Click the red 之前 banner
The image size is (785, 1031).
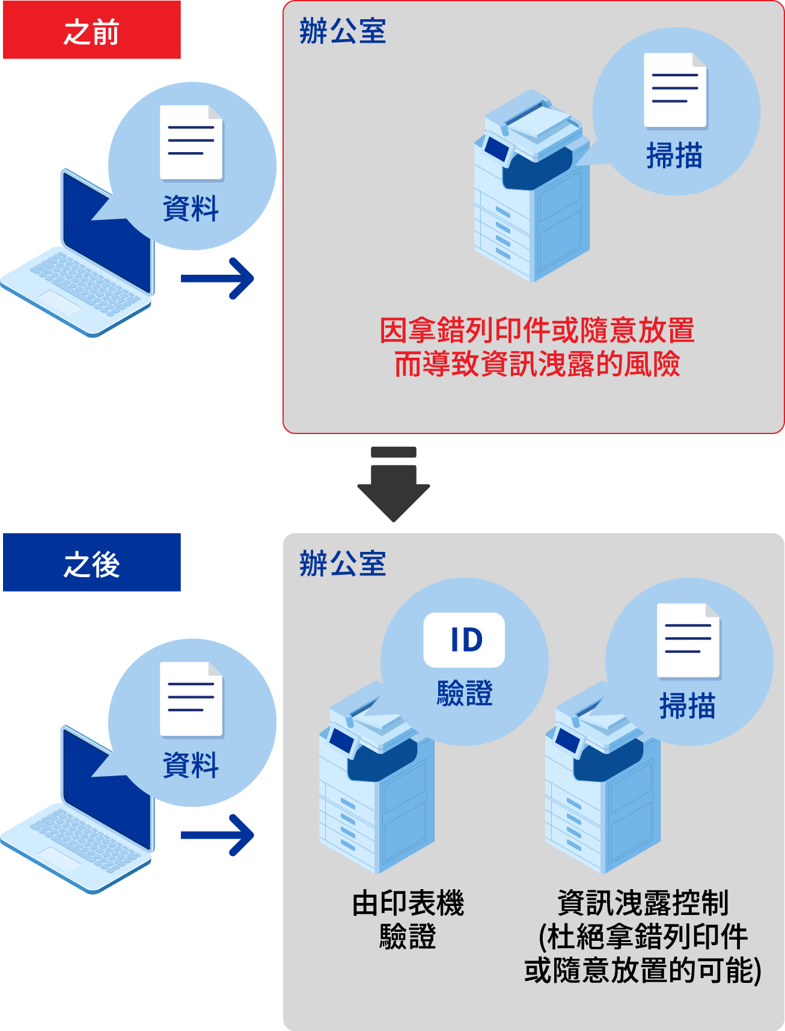pyautogui.click(x=92, y=30)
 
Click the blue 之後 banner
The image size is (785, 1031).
pyautogui.click(x=92, y=563)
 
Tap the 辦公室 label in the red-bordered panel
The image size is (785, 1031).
pyautogui.click(x=343, y=31)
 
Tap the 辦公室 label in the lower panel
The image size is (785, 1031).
pyautogui.click(x=343, y=564)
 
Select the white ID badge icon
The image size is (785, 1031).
pyautogui.click(x=464, y=640)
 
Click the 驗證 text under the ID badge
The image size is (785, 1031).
pyautogui.click(x=465, y=693)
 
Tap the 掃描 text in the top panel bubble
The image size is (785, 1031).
pyautogui.click(x=674, y=156)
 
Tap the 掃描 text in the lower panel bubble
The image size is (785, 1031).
pyautogui.click(x=688, y=706)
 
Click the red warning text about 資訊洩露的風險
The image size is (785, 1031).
pyautogui.click(x=537, y=347)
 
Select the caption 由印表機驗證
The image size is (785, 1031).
pyautogui.click(x=408, y=919)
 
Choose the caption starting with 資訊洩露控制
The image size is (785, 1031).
pyautogui.click(x=643, y=936)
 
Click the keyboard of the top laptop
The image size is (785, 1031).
pyautogui.click(x=84, y=282)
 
